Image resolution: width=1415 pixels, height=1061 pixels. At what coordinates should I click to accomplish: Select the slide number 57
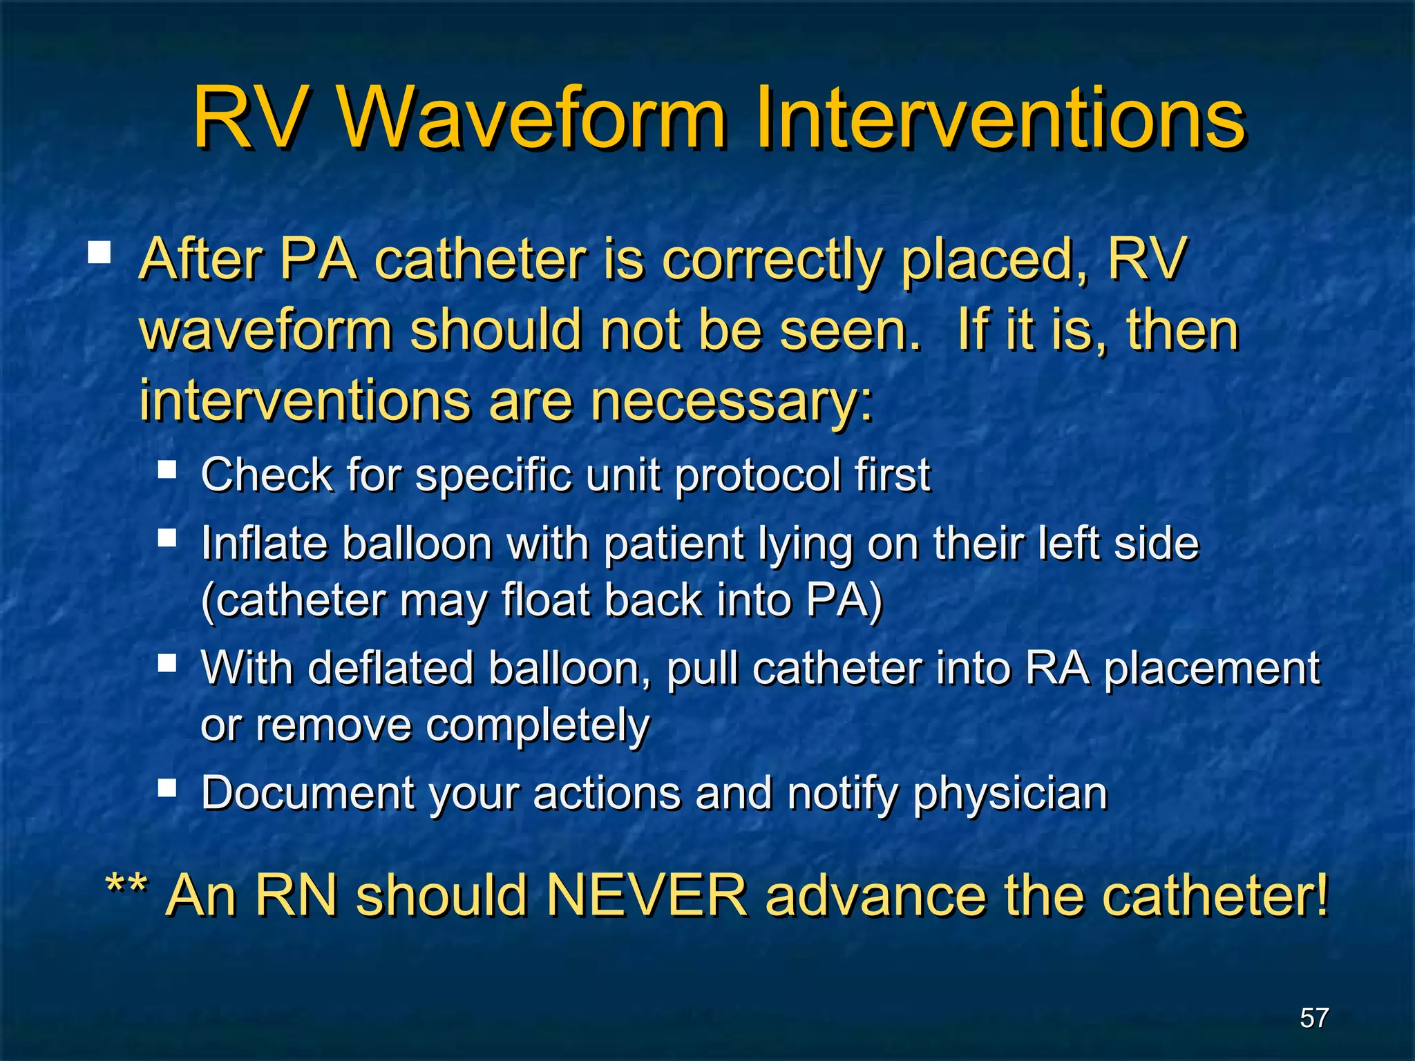tap(1314, 1017)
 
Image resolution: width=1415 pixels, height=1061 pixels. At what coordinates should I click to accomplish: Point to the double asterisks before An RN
tap(126, 888)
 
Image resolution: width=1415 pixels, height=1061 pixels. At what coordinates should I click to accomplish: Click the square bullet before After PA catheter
tap(99, 253)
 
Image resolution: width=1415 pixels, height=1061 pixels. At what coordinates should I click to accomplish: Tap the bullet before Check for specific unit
tap(167, 470)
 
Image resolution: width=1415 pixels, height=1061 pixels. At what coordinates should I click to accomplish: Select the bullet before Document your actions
tap(167, 787)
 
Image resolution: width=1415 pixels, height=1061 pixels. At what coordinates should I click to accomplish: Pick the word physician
tap(1010, 794)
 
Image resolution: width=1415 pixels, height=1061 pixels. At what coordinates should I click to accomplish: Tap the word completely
tap(538, 726)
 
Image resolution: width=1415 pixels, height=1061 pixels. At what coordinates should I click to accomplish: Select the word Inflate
tap(263, 544)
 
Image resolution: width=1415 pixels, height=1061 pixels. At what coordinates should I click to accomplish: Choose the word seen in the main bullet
tap(850, 331)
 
